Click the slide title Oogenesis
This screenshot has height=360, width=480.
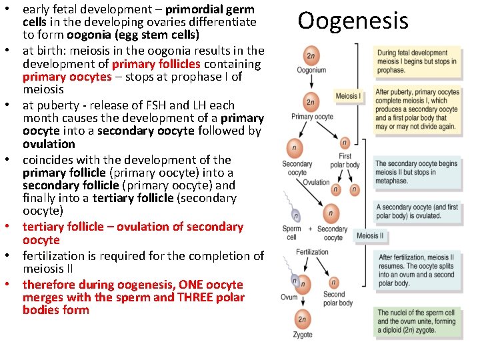point(353,21)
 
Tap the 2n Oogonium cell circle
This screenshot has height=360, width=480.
point(311,55)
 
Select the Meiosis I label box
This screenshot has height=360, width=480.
point(348,96)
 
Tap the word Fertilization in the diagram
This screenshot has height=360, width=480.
point(312,252)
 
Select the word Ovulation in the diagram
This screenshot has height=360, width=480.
point(316,182)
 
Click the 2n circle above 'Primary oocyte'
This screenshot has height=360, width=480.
point(311,102)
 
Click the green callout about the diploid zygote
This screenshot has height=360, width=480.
point(417,322)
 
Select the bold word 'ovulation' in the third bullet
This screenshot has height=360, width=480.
point(49,144)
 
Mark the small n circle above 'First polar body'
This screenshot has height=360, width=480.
point(344,143)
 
